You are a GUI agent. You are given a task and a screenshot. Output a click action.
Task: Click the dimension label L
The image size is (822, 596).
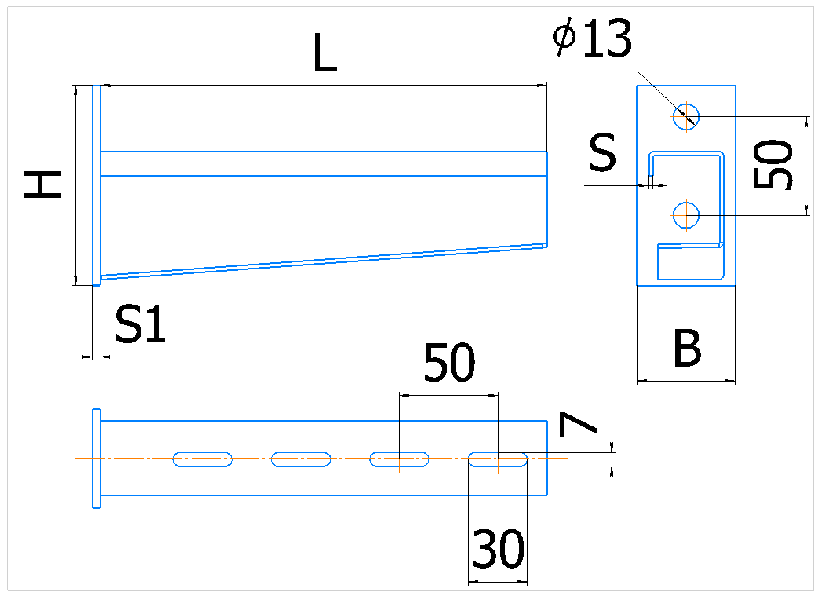(324, 53)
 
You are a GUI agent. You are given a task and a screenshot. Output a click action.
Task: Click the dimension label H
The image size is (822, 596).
(42, 185)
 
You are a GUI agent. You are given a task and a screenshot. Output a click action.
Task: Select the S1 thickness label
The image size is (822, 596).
(140, 324)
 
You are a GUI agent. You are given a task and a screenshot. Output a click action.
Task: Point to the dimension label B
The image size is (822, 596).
(687, 348)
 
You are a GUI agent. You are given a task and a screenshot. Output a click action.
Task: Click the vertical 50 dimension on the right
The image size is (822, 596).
(773, 164)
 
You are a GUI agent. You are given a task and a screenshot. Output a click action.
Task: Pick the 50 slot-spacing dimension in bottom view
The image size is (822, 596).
(449, 362)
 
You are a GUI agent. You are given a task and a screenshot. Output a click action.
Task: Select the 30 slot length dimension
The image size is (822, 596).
(498, 549)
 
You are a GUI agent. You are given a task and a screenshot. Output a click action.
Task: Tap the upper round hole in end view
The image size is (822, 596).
(686, 116)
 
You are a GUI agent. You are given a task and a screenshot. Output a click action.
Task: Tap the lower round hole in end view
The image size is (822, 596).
(686, 215)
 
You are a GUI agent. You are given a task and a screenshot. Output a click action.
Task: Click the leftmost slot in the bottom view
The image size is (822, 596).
(203, 459)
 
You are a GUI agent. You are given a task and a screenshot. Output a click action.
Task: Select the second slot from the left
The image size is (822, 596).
(301, 459)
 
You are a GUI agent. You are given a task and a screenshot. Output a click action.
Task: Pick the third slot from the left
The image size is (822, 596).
(400, 459)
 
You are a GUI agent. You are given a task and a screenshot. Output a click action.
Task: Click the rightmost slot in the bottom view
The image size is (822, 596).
(498, 459)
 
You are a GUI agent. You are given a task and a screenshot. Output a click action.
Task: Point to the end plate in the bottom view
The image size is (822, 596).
(97, 458)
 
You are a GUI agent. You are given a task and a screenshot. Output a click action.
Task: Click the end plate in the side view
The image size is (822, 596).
(97, 185)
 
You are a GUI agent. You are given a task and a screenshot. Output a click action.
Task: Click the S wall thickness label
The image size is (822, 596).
(602, 152)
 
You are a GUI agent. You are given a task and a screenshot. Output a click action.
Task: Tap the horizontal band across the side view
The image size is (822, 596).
(324, 163)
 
